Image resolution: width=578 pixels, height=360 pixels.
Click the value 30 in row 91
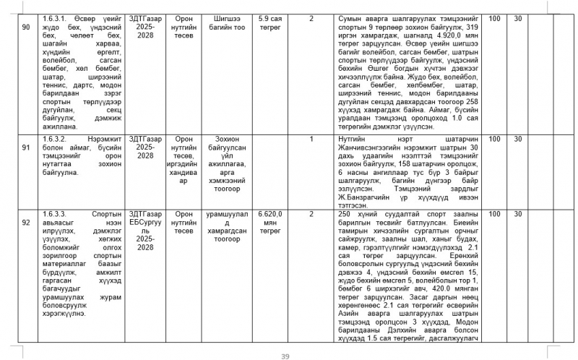click(x=518, y=138)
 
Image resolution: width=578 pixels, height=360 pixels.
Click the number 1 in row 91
click(x=311, y=138)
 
